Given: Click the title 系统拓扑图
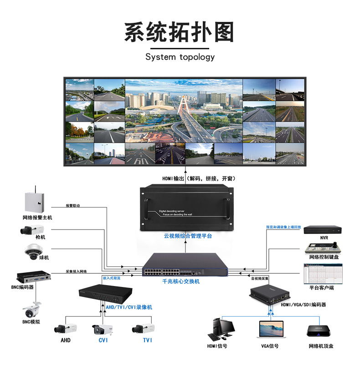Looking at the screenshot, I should [x=180, y=32].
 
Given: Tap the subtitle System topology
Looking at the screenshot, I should [x=180, y=57].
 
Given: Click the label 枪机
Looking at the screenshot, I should [x=41, y=237].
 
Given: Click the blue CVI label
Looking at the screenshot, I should [x=103, y=340].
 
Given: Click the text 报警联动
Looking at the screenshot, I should [x=72, y=206].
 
